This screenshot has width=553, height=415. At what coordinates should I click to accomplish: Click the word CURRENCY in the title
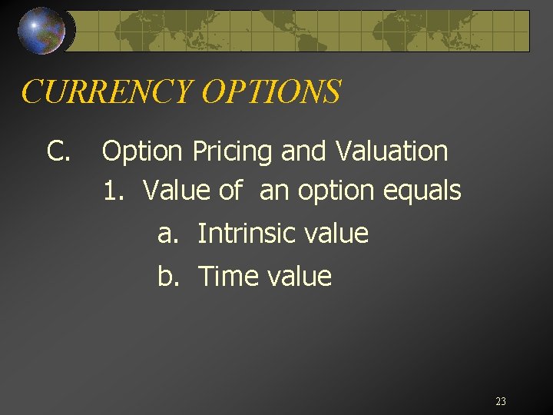coord(107,91)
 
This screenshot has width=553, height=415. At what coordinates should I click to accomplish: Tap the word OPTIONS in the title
coord(270,91)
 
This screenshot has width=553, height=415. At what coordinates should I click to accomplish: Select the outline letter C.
coord(58,151)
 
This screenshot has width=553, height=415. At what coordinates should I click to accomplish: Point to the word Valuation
coord(391,151)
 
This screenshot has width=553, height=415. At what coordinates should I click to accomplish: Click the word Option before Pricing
coord(144,151)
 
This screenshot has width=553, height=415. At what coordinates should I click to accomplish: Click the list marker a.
coord(166,234)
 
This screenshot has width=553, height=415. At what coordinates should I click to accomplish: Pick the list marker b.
coord(167,276)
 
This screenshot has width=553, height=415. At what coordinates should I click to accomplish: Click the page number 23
coord(501,401)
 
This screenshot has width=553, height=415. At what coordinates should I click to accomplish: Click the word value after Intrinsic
coord(335,233)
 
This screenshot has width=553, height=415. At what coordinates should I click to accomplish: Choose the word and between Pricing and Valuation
coord(305,151)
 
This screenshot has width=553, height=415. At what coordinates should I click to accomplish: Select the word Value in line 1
coord(176,190)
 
